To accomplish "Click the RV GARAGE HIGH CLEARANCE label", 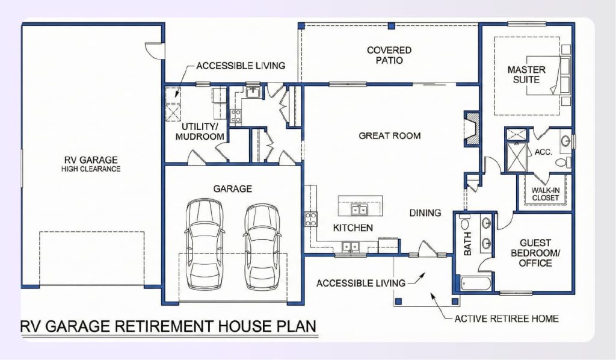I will (91, 164).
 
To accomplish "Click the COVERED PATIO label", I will (389, 55).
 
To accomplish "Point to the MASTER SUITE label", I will (526, 74).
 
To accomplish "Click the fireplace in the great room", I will (471, 128).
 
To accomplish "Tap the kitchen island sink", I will (360, 209).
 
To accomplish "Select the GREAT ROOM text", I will (389, 135).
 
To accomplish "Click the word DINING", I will (425, 213).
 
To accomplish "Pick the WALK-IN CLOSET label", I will (545, 194).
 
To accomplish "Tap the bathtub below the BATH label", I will (476, 282).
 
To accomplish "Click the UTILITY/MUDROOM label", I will (200, 131).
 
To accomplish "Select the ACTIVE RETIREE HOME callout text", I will (507, 318).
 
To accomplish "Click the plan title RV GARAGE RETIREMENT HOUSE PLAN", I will (168, 326).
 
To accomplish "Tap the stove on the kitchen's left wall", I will (312, 218).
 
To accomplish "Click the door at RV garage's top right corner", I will (155, 49).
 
